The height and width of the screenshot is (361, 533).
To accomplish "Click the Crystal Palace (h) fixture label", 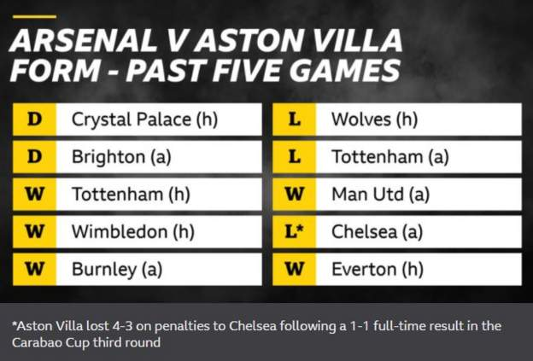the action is [x=144, y=119].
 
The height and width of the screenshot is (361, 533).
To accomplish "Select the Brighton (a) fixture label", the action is [x=121, y=157].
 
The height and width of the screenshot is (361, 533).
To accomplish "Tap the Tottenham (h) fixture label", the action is [x=131, y=195].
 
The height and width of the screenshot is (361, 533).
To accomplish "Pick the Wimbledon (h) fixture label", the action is [x=133, y=231].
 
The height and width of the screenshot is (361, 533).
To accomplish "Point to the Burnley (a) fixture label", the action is [x=117, y=270].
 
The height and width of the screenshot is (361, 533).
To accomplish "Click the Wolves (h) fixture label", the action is [x=374, y=119].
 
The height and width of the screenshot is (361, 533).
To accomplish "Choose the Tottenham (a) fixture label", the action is [x=389, y=157].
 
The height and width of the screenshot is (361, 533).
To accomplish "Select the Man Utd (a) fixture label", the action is [x=380, y=195].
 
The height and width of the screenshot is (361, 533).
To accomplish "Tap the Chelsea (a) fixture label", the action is [x=377, y=231].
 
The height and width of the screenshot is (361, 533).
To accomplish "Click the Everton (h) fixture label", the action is [x=378, y=270].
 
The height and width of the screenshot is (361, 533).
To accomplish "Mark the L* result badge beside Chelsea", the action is [x=294, y=231].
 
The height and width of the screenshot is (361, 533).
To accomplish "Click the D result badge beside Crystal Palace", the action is [x=34, y=119].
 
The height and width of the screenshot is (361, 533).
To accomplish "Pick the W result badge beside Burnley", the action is [x=34, y=270].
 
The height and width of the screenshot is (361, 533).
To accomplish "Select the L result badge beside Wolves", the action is [x=294, y=119].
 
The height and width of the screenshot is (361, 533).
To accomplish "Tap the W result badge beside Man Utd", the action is [x=294, y=195].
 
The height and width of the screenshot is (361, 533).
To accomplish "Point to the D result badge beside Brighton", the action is [x=34, y=157].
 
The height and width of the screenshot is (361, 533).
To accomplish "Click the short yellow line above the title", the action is [x=34, y=16].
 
